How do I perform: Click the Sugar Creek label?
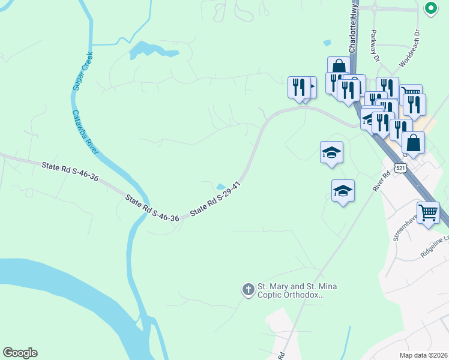point(82,71)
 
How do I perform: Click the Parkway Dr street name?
point(376,46)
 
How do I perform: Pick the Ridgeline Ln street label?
point(435,247)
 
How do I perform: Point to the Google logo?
point(20,353)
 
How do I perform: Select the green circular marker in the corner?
point(431,8)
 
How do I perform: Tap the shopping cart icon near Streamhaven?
point(428,212)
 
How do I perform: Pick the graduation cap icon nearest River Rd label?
point(343,191)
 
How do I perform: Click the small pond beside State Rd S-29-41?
point(221,186)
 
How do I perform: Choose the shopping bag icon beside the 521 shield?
point(413,143)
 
